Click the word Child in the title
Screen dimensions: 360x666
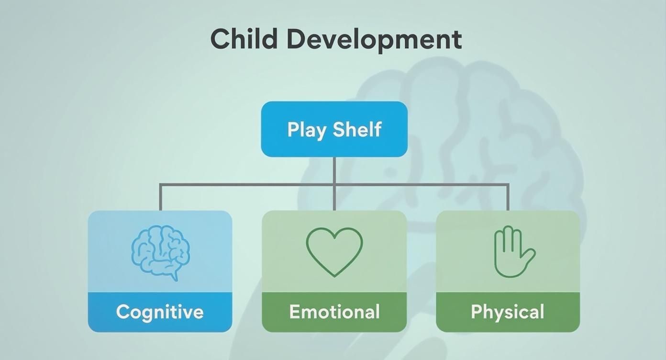(244, 39)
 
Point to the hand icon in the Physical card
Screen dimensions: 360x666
(512, 252)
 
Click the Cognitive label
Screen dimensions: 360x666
(160, 312)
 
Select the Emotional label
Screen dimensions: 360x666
(334, 312)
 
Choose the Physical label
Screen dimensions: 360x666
(508, 312)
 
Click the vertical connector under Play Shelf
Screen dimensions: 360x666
(334, 170)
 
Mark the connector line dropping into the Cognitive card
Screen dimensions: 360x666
(160, 197)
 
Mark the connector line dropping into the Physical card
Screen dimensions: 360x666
(508, 197)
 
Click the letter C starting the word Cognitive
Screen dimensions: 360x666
(123, 312)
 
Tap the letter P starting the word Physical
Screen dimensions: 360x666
(477, 312)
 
